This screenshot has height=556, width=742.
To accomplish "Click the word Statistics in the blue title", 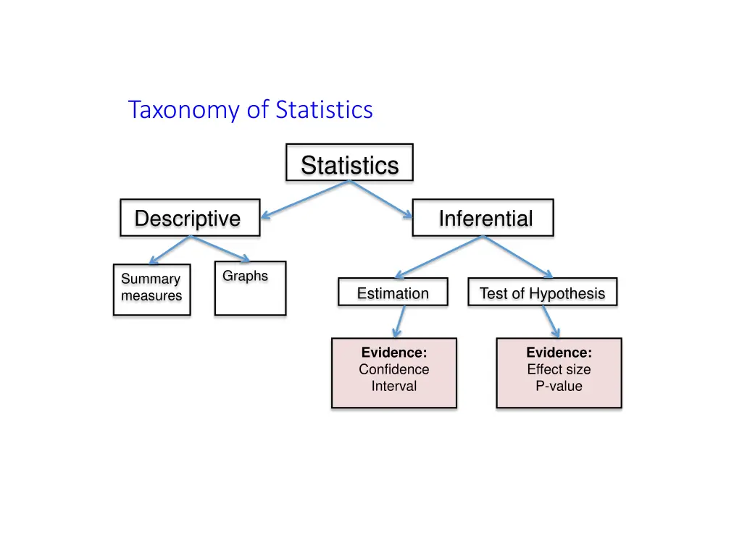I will [324, 110].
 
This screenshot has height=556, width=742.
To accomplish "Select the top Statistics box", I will [349, 163].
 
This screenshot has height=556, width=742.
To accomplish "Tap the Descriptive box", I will [189, 218].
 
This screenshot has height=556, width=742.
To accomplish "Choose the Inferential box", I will [483, 218].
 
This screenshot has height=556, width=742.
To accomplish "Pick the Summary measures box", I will [151, 289].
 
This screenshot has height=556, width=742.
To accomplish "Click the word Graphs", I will [245, 276].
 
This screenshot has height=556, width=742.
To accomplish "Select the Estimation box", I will [393, 292].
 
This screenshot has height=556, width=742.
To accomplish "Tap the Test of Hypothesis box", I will [542, 292].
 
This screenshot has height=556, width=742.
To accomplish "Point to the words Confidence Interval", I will [394, 377].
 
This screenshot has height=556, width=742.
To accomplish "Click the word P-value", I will [559, 386].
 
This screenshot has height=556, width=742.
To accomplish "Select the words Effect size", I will [559, 369].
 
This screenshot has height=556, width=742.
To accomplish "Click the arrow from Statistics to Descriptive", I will [304, 199].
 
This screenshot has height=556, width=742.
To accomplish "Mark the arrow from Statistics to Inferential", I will [381, 198].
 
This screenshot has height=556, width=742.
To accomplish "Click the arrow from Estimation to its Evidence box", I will [399, 321].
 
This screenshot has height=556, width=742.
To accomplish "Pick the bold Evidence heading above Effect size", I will [559, 353].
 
